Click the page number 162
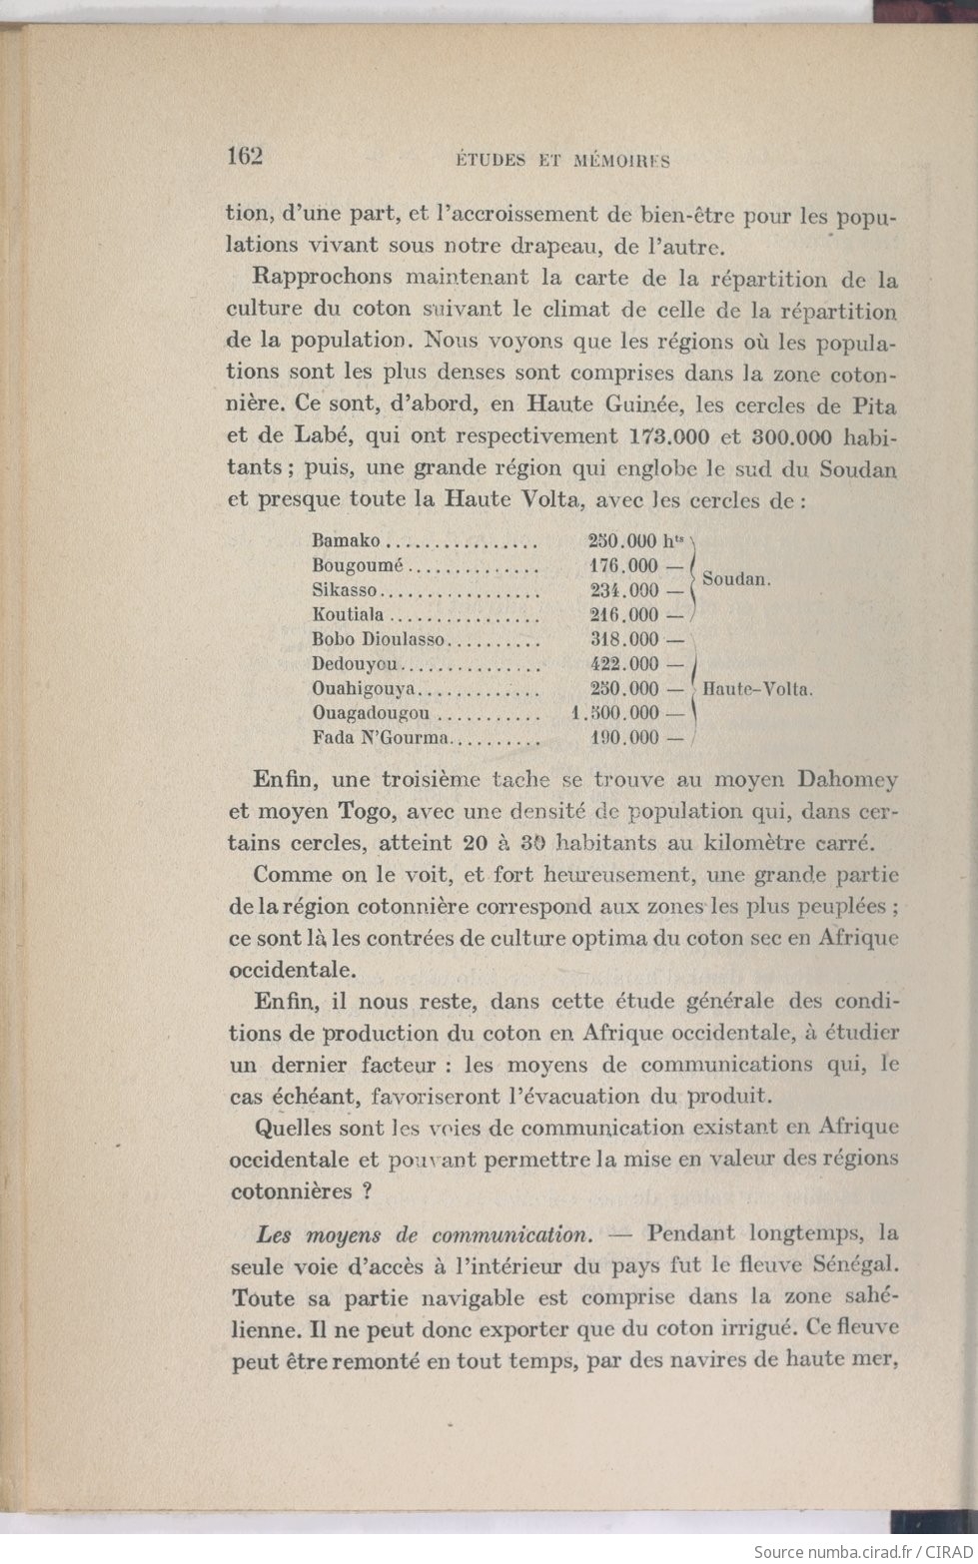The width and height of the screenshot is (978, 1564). click(x=244, y=156)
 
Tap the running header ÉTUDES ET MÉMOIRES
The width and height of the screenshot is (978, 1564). click(x=562, y=160)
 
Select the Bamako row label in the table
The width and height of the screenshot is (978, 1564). click(x=347, y=541)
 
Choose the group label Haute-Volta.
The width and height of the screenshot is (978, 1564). click(x=758, y=688)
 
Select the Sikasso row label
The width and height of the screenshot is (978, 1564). click(x=345, y=590)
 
